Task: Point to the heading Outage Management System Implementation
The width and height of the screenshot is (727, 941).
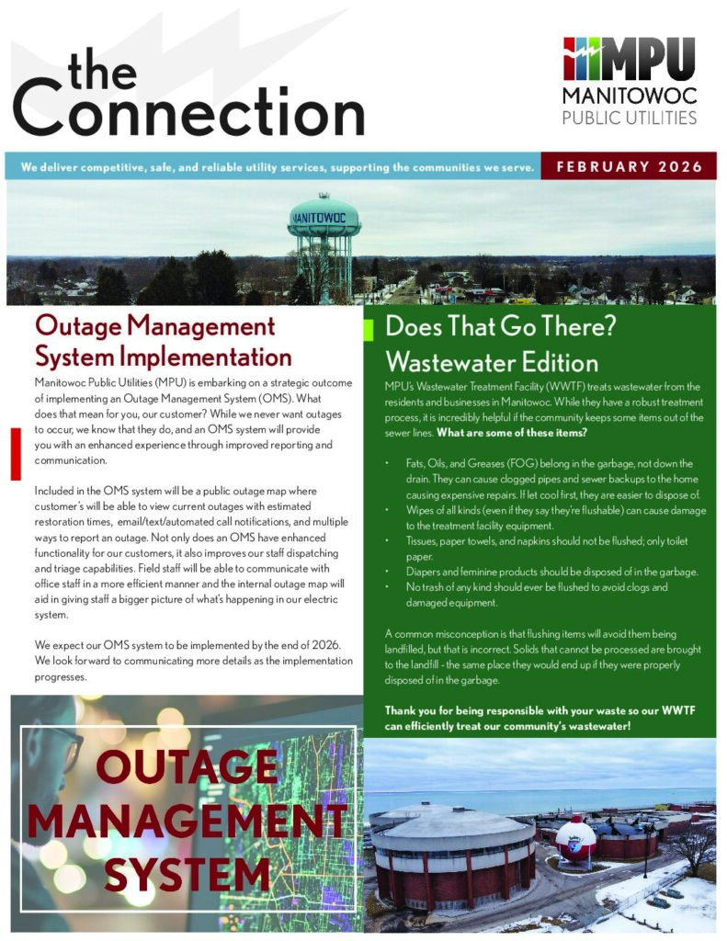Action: (163, 341)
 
